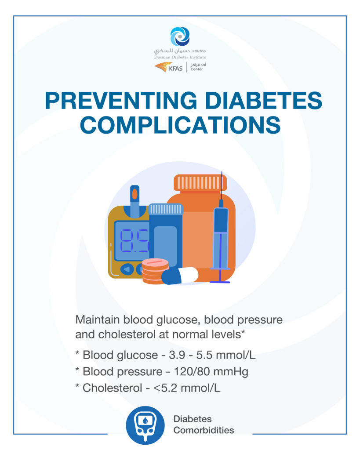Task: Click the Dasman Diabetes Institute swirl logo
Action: (x=180, y=36)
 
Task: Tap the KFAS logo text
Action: (x=175, y=69)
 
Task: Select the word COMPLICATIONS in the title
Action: (x=180, y=125)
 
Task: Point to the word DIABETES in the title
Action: (x=264, y=101)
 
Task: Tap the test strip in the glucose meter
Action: (x=135, y=201)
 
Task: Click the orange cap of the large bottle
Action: (x=200, y=183)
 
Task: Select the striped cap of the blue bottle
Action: (x=166, y=209)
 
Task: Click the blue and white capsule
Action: (x=180, y=276)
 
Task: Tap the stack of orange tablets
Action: (x=155, y=271)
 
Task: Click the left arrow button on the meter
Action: (x=127, y=269)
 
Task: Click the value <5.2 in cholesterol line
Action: (x=165, y=388)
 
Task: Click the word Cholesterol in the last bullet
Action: (x=112, y=388)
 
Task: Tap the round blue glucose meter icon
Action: (x=145, y=425)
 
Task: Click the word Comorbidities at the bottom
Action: (x=204, y=430)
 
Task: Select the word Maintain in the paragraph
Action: (x=98, y=320)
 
